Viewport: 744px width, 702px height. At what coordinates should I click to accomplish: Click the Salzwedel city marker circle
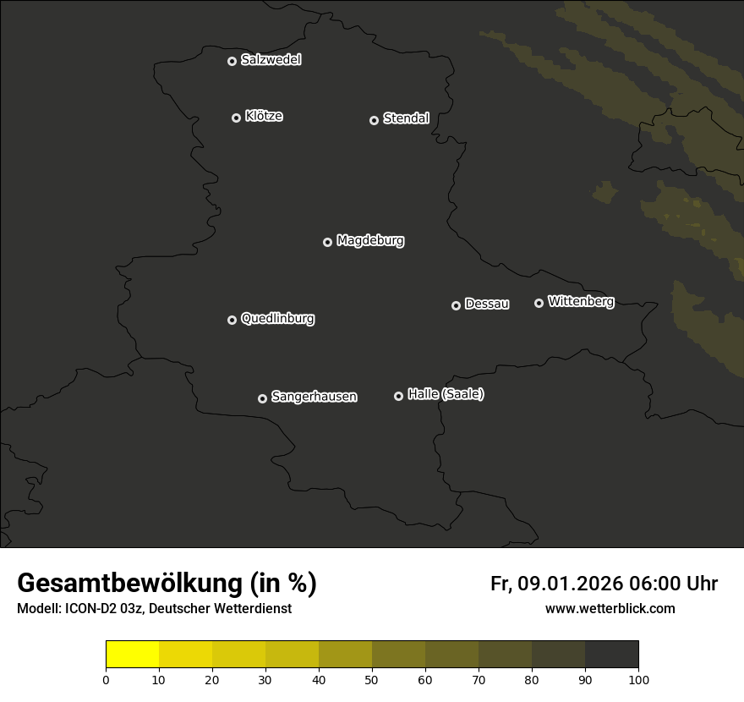click(x=232, y=61)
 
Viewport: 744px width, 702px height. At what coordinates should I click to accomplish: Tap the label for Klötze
click(x=264, y=116)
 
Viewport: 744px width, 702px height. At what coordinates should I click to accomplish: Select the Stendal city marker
click(x=374, y=120)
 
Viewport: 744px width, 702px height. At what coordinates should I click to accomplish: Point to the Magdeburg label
click(x=370, y=241)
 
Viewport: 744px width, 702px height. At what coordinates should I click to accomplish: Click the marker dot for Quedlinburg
click(x=232, y=320)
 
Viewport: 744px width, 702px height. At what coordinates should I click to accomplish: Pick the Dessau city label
click(x=487, y=304)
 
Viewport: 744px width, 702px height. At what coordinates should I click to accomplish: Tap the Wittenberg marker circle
click(x=539, y=303)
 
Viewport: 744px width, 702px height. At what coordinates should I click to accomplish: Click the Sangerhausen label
click(x=314, y=397)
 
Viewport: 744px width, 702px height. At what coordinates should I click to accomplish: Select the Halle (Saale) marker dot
click(x=398, y=396)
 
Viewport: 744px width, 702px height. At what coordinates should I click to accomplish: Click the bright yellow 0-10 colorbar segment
click(x=132, y=655)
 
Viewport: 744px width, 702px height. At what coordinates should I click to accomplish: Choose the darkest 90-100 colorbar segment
click(x=611, y=655)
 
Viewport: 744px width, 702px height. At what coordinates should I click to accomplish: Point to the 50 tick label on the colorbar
click(x=372, y=679)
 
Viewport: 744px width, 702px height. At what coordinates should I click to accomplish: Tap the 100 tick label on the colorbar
click(x=638, y=679)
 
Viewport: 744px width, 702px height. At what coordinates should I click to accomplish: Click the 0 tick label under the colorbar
click(x=106, y=679)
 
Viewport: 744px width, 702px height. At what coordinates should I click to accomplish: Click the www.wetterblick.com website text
click(x=610, y=609)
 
